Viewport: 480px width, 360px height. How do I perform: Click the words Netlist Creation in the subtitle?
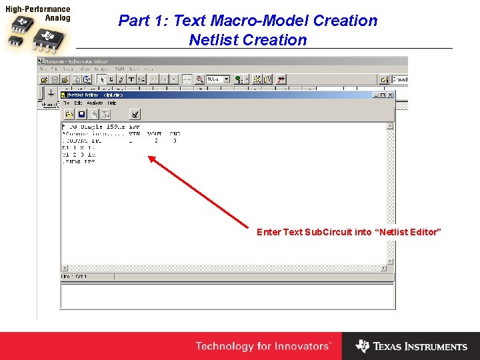coord(248,40)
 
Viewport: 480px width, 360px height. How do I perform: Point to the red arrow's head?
coord(149,157)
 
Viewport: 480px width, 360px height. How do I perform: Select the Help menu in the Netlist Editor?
coord(111,103)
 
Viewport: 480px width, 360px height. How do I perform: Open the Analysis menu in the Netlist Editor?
coord(95,103)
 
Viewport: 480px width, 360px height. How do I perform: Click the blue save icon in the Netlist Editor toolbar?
coord(81,114)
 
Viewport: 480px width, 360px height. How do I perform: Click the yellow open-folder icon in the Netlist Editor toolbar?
coord(69,114)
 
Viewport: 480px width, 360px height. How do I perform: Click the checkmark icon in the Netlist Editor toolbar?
coord(134,114)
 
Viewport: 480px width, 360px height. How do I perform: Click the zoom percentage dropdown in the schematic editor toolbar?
coord(217,79)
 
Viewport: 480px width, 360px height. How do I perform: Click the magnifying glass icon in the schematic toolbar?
coord(199,79)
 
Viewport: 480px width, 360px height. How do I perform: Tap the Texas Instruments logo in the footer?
coord(411,346)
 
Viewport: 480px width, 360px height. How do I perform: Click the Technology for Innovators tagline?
coord(263,346)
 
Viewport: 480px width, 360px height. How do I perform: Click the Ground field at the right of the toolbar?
coord(399,79)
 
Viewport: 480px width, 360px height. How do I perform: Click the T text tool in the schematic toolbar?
coord(131,79)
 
